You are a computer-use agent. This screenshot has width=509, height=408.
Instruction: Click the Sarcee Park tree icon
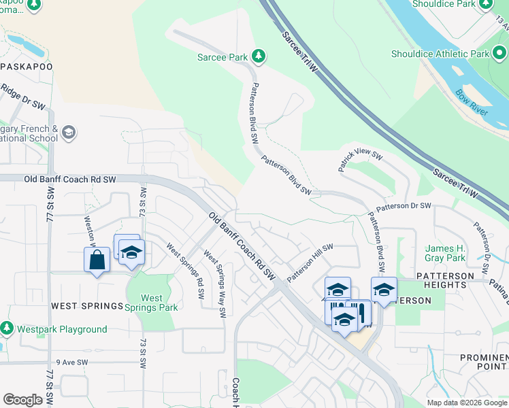click(258, 55)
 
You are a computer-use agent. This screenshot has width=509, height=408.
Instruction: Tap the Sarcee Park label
click(223, 58)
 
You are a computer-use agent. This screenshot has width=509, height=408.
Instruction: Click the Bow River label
click(472, 102)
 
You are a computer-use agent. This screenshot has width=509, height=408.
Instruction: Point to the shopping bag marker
click(97, 260)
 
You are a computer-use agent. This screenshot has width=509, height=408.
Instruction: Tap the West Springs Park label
click(152, 303)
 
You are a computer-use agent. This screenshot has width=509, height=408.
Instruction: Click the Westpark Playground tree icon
click(7, 329)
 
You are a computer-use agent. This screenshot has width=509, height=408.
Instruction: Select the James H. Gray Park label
click(446, 253)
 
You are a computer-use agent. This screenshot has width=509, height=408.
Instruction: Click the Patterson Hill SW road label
click(310, 263)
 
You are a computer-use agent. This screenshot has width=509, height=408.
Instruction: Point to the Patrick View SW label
click(360, 160)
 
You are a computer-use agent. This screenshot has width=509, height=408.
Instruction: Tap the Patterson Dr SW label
click(404, 205)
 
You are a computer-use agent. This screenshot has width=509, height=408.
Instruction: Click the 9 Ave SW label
click(73, 362)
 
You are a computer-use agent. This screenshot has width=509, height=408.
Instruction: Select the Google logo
click(22, 399)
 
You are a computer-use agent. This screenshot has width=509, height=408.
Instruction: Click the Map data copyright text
click(467, 403)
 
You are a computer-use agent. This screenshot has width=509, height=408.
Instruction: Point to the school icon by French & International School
click(68, 132)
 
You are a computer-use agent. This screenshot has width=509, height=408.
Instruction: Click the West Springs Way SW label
click(214, 284)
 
